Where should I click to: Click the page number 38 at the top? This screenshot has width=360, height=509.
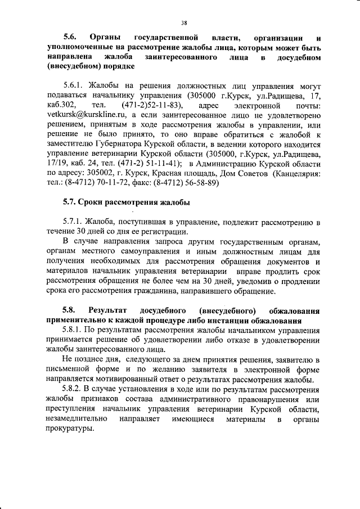[x=184, y=23]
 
